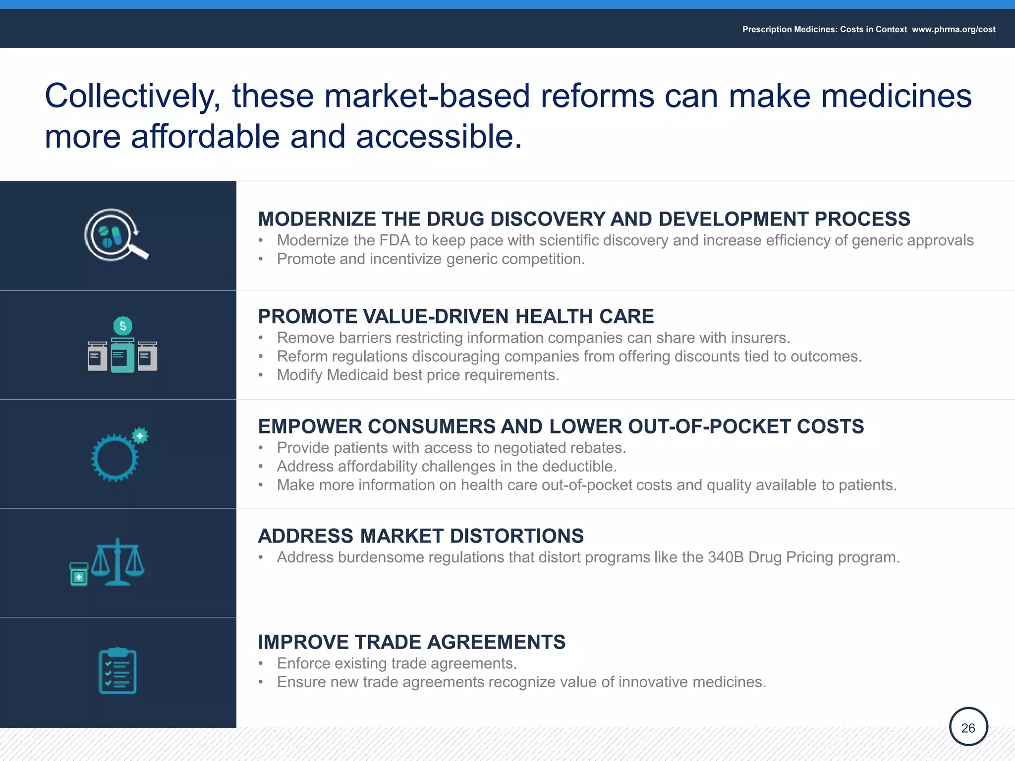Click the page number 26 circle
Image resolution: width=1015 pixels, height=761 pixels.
point(968,727)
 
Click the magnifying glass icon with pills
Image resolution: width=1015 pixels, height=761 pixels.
point(116,235)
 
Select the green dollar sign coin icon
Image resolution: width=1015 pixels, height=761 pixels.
point(123,326)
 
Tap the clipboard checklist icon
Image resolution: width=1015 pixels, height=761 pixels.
point(117,671)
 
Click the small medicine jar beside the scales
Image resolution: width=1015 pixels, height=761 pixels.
point(79,574)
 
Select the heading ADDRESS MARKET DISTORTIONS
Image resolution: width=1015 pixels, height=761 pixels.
point(420,536)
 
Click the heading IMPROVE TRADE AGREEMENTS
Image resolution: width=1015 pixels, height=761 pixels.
point(411,642)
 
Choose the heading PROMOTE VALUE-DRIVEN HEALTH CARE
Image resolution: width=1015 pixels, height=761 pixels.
point(455,317)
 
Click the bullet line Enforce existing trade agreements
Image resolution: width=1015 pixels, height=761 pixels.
point(396,663)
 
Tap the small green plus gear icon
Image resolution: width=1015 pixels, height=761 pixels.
point(140,435)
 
